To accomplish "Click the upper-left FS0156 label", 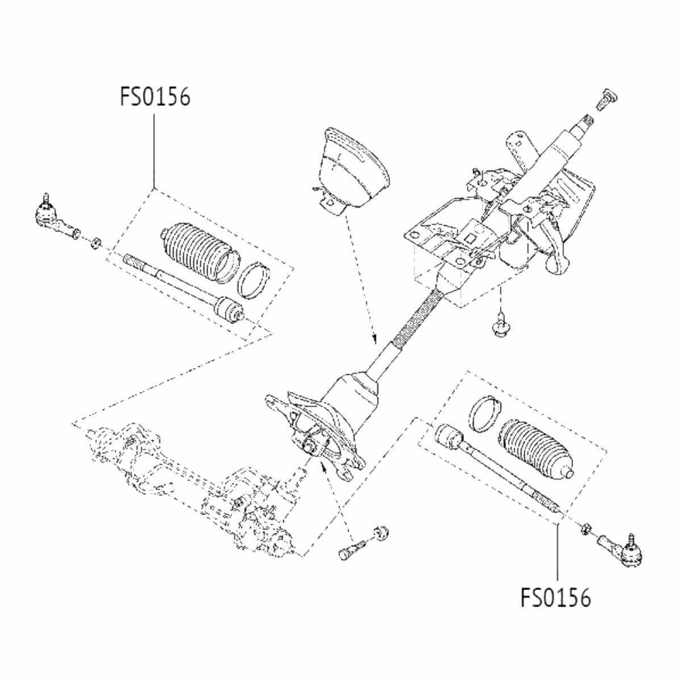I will pos(155,97).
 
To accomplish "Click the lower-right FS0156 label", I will pos(555,597).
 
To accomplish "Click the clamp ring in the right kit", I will pos(484,411).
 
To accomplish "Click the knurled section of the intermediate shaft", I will pos(421,318).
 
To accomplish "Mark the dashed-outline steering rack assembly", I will pos(188,483).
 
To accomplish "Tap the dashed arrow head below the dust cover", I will pos(375,340).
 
